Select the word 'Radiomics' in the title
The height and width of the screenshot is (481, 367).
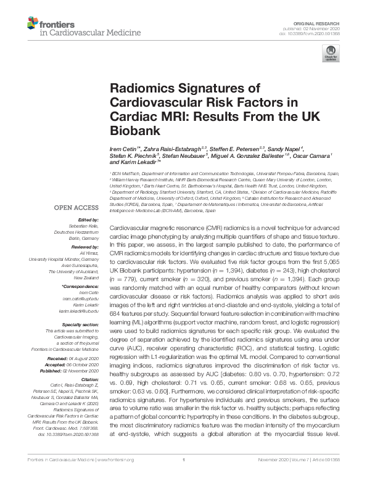click(x=136, y=88)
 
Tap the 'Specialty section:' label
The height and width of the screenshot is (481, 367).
click(x=81, y=324)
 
